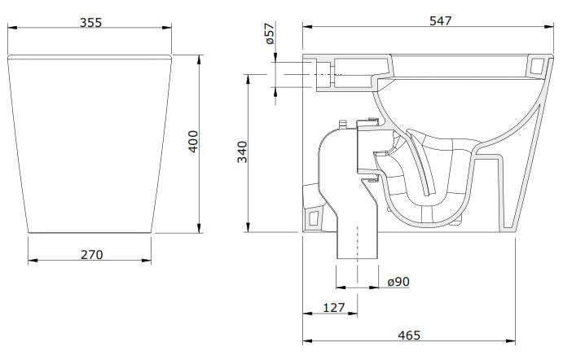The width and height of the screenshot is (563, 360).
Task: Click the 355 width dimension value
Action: (x=90, y=23)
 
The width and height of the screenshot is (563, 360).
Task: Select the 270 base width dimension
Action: (x=91, y=254)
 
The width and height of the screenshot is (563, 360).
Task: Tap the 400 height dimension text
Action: (x=192, y=144)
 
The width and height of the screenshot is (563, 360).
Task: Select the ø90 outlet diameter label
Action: (x=398, y=281)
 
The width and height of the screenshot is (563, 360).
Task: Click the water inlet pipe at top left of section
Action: (x=319, y=72)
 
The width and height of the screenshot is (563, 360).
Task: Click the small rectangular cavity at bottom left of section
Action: (x=314, y=218)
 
